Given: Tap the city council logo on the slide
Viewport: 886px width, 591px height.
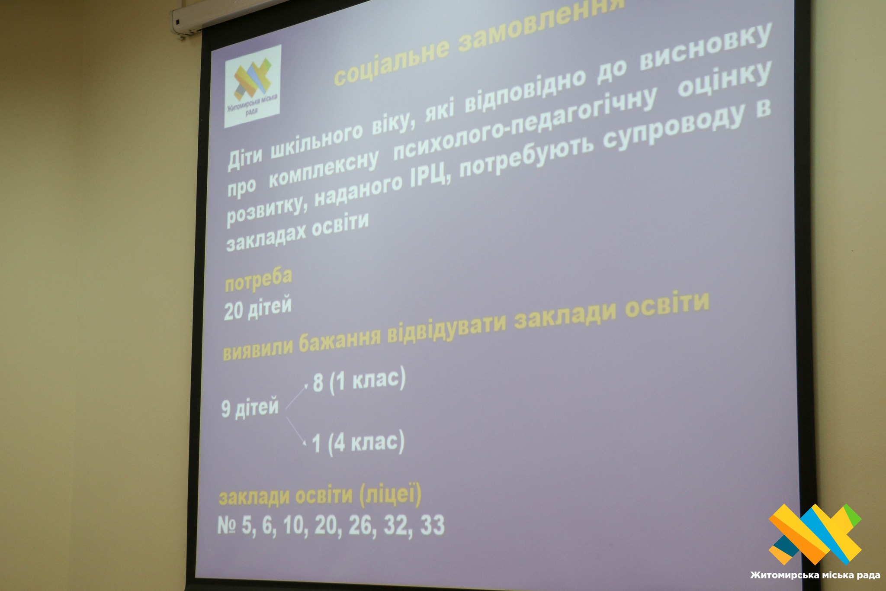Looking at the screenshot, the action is [x=253, y=86].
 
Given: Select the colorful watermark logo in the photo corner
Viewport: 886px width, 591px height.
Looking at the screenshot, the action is [x=815, y=534].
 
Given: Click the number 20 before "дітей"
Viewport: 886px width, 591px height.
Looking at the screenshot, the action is [x=233, y=311].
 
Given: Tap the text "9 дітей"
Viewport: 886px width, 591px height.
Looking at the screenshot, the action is [x=250, y=408].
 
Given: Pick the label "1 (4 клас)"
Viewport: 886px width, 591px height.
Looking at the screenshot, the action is [x=358, y=442].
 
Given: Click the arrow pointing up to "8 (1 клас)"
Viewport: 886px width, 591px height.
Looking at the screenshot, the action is [x=297, y=395].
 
